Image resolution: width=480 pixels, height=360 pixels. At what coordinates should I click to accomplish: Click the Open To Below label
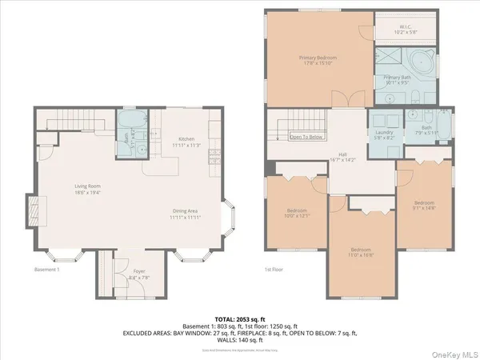tap(305, 137)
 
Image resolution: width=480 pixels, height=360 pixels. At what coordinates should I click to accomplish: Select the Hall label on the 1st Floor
tap(342, 158)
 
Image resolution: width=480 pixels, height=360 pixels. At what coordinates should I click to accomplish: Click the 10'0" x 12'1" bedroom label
tap(296, 214)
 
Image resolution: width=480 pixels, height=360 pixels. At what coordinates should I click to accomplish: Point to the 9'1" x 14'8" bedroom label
tap(424, 205)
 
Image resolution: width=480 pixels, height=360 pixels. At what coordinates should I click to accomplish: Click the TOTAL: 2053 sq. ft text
tap(240, 318)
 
